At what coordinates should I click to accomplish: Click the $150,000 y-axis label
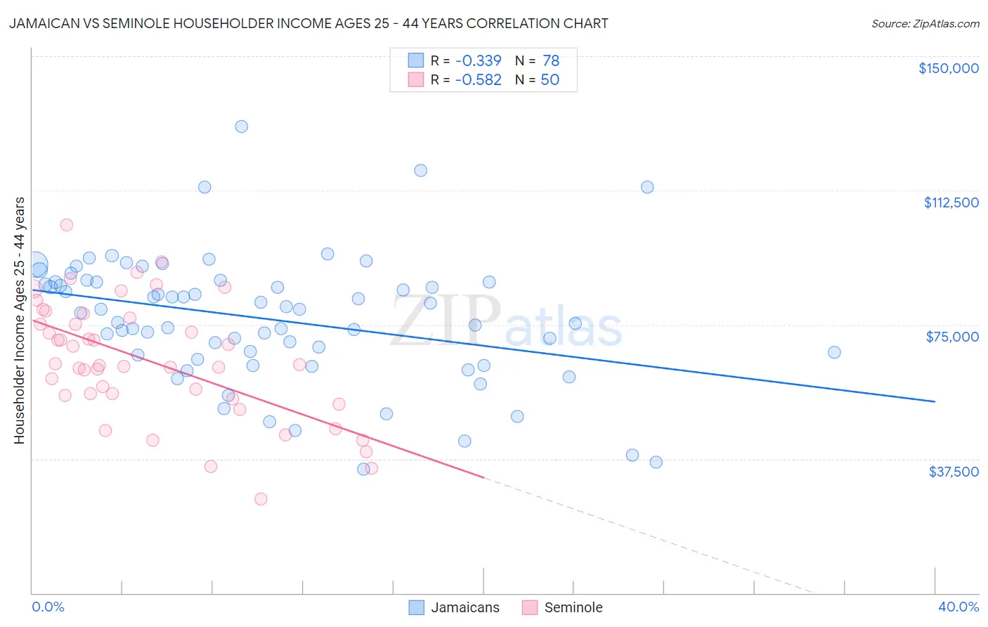[x=948, y=68]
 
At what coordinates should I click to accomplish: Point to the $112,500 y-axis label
[x=951, y=202]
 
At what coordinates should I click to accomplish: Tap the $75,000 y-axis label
[x=952, y=337]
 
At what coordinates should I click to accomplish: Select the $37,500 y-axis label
[x=954, y=472]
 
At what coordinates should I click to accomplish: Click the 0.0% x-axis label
[x=48, y=607]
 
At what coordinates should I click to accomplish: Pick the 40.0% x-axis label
[x=958, y=607]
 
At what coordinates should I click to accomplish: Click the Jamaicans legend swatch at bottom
[x=417, y=607]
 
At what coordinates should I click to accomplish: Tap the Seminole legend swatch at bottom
[x=530, y=607]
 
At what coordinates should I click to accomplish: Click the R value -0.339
[x=478, y=61]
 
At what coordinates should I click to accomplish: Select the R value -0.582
[x=478, y=80]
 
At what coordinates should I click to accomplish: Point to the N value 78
[x=550, y=61]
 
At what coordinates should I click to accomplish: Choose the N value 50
[x=550, y=80]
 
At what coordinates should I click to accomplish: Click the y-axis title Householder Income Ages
[x=19, y=320]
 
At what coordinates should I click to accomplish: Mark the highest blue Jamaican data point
[x=241, y=127]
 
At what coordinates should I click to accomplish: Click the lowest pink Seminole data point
[x=261, y=499]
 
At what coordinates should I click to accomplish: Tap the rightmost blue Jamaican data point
[x=834, y=352]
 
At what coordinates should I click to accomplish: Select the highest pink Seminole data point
[x=67, y=225]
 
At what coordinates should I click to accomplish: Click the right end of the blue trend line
[x=935, y=401]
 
